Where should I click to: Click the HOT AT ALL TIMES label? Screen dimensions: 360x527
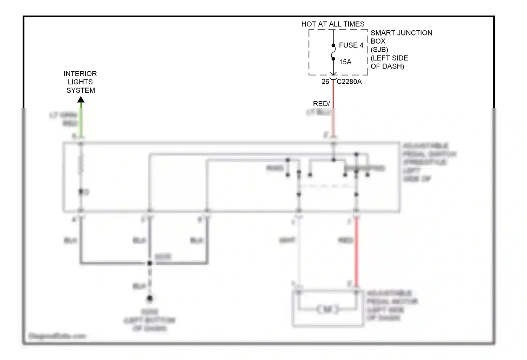(333, 24)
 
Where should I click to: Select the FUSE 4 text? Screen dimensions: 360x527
(351, 45)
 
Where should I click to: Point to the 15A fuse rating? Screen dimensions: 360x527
(345, 62)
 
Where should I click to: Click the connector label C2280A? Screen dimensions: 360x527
(349, 82)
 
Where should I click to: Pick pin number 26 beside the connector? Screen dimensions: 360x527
(325, 82)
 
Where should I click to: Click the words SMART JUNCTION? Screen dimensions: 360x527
(401, 33)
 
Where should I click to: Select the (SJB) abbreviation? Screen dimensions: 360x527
(379, 50)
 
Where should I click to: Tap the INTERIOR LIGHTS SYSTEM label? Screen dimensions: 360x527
(80, 82)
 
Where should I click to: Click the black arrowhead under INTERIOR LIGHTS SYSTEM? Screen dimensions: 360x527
(81, 100)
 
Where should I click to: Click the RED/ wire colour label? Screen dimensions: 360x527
(321, 104)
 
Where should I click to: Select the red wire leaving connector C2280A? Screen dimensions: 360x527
(333, 95)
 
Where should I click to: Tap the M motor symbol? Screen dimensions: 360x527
(327, 309)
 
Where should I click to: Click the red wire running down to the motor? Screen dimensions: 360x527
(356, 253)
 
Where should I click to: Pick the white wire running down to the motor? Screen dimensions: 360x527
(299, 253)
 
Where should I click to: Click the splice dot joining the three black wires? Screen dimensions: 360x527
(150, 263)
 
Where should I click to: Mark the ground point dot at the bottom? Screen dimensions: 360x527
(150, 298)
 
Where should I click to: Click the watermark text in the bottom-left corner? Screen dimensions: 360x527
(57, 336)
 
